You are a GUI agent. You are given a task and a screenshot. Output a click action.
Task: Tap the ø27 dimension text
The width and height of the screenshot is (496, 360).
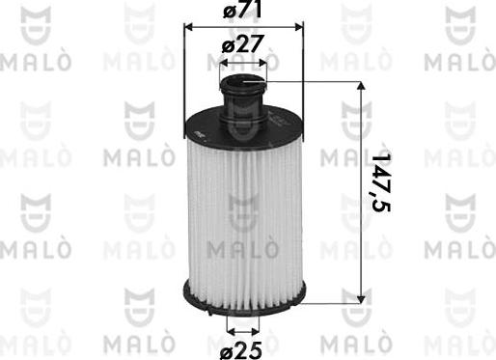point(243,44)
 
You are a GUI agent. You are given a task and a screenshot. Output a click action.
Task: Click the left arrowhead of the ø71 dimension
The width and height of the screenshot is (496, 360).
point(187,27)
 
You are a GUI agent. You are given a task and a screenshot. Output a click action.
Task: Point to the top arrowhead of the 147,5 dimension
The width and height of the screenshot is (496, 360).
point(363,86)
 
